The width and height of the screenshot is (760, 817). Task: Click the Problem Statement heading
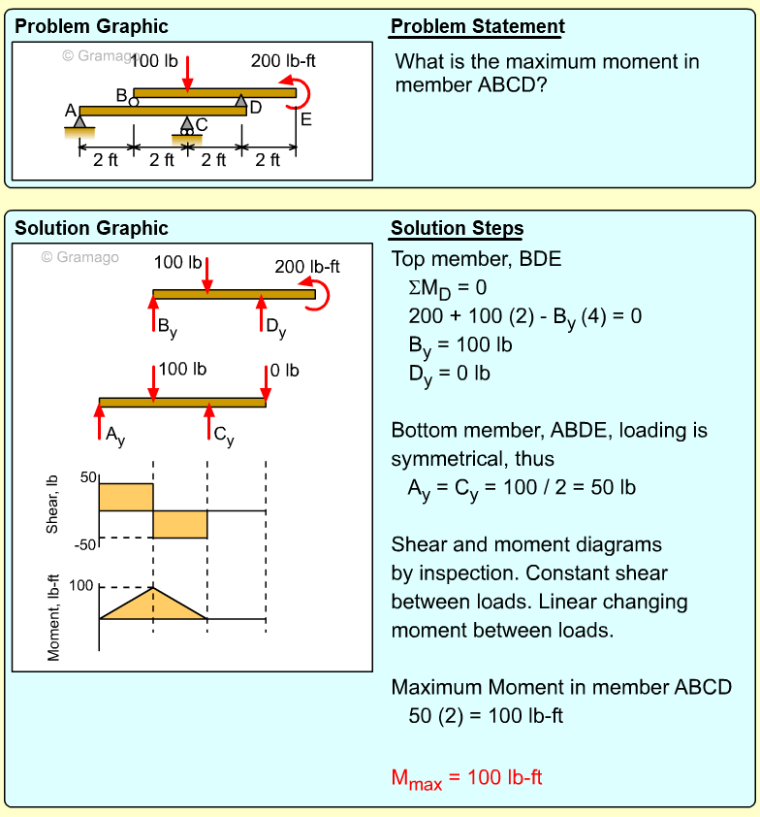pos(477,27)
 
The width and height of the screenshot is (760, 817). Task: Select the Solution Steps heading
pos(457,229)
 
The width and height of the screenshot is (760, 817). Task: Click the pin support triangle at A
pos(79,121)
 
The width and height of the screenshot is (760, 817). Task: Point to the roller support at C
pos(187,125)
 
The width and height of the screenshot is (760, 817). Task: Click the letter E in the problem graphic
pos(306,120)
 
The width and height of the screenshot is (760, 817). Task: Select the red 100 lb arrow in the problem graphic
pos(188,72)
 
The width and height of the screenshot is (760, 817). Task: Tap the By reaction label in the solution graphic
pos(167,327)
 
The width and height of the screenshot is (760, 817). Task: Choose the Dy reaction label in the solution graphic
pos(276,327)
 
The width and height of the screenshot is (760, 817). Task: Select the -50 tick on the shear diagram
pos(86,543)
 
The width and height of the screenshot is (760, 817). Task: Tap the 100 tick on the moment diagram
pos(81,585)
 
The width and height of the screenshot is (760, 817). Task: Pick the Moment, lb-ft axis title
pos(54,617)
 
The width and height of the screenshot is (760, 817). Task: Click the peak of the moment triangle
pos(153,588)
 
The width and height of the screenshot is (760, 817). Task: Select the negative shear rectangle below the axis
pos(180,524)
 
